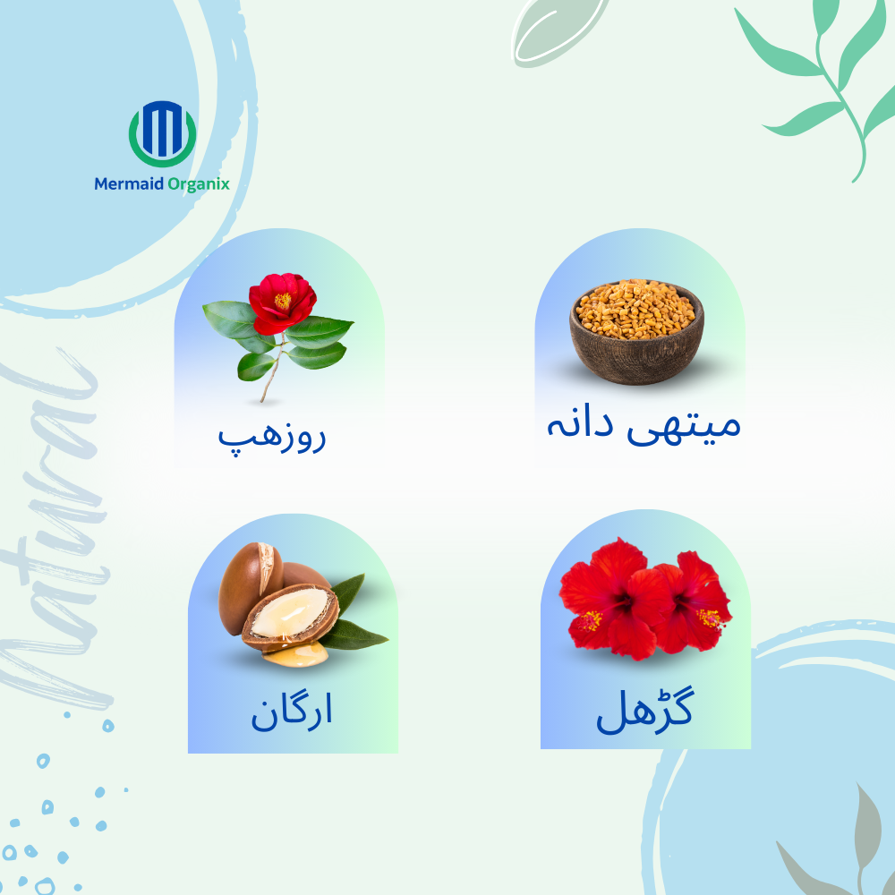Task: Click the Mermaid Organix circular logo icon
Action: point(163,133)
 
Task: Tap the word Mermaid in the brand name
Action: point(129,183)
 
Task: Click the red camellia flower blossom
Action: point(282,303)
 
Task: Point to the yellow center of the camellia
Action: point(283,300)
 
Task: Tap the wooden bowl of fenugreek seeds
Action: point(636,332)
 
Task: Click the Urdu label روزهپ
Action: point(272,439)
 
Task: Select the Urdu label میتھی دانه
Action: point(644,426)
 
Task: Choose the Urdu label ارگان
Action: point(292,712)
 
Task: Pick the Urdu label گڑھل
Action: point(645,710)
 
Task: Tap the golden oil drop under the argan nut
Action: point(295,654)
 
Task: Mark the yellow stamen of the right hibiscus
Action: point(712,618)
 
